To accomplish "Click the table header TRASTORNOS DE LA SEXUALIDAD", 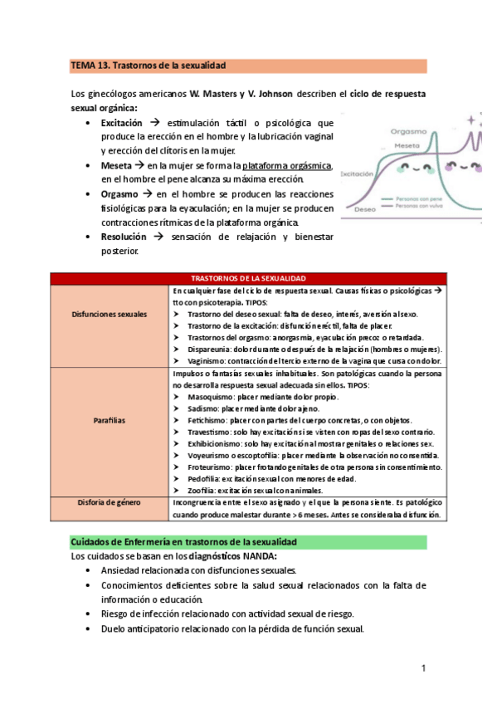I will tap(248, 278).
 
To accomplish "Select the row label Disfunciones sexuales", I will tap(111, 315).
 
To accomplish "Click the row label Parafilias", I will tap(111, 420).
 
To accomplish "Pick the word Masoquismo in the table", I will tap(208, 397).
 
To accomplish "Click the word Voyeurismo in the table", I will tap(209, 456).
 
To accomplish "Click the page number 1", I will tap(424, 668).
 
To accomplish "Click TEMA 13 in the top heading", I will tap(88, 65).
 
